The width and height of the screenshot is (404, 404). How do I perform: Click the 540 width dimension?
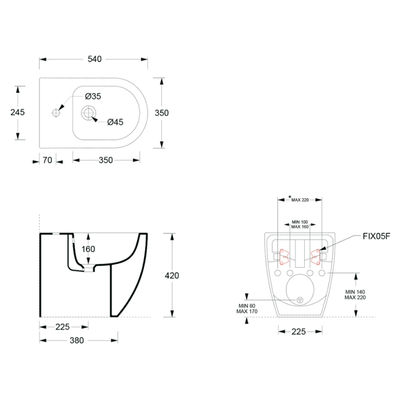tap(95, 59)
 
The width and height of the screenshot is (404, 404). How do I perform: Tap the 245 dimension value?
tap(17, 113)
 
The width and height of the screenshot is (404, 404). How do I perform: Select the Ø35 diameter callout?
tap(93, 96)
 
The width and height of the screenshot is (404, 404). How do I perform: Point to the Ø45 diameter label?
tap(115, 122)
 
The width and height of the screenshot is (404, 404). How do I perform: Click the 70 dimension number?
tap(47, 160)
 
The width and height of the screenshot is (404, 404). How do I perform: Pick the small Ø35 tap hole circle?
tap(56, 113)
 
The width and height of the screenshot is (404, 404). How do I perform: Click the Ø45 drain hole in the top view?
tap(88, 113)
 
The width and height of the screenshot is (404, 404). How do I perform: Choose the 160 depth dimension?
tap(88, 249)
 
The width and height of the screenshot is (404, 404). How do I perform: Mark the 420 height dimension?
tap(172, 276)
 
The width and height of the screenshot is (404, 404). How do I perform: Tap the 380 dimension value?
tap(77, 341)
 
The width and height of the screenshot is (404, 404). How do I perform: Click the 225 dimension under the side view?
tap(62, 327)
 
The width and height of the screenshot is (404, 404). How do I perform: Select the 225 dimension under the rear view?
tap(298, 332)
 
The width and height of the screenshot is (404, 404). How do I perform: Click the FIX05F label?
tap(376, 236)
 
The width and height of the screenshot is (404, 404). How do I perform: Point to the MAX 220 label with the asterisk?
tap(298, 199)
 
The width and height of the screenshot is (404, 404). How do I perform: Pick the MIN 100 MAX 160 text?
tap(300, 225)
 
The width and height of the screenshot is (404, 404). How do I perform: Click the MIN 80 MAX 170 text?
tap(247, 308)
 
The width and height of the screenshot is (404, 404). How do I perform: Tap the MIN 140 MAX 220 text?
tap(355, 294)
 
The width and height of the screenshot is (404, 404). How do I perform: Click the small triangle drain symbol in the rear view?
tap(300, 300)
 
